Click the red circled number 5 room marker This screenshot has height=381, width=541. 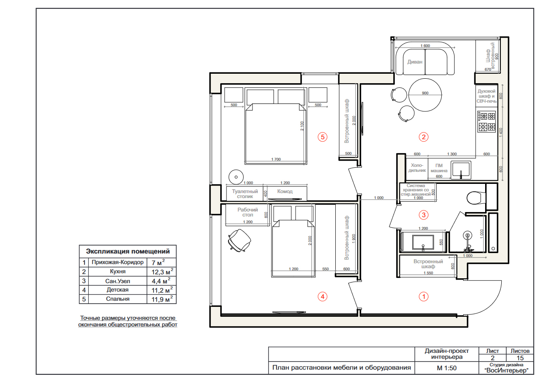click(x=322, y=137)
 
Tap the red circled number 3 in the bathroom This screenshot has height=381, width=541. click(x=423, y=215)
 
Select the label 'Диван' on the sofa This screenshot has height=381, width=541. click(x=415, y=62)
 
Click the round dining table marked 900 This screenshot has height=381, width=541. click(x=425, y=95)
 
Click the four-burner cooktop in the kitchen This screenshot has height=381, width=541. click(x=487, y=121)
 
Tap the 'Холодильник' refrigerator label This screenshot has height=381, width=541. click(x=417, y=168)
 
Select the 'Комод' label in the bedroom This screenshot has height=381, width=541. click(x=285, y=191)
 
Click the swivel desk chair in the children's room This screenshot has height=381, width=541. click(x=239, y=240)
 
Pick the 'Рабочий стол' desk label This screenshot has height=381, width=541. click(x=248, y=212)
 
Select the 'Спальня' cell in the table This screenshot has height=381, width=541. click(x=118, y=299)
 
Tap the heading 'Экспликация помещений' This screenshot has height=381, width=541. click(x=128, y=251)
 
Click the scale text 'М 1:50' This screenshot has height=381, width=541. click(x=447, y=368)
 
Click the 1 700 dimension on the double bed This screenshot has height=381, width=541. click(x=276, y=159)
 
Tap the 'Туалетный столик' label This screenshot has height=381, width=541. click(x=245, y=194)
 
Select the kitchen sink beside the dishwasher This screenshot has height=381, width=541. click(x=461, y=170)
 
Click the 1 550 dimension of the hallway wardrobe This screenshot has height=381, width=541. click(x=428, y=273)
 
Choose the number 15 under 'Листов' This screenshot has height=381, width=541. click(x=520, y=358)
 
